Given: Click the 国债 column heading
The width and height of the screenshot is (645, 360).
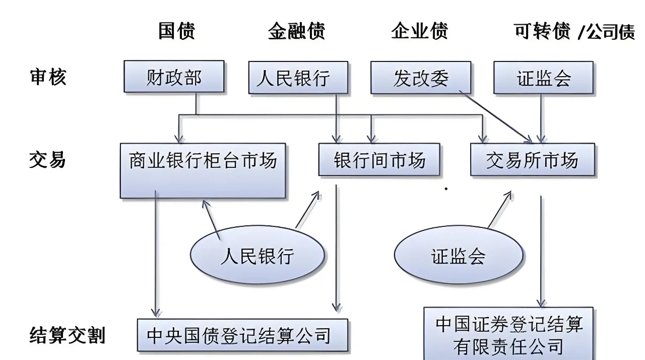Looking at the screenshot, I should (x=176, y=31).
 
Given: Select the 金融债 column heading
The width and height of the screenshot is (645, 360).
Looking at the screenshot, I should (x=297, y=31).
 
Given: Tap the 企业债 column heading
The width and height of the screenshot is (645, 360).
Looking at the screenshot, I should (x=419, y=31).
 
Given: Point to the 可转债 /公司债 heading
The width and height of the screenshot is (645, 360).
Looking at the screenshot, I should (x=574, y=31).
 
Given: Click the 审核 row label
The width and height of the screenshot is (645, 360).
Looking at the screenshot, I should (x=48, y=77).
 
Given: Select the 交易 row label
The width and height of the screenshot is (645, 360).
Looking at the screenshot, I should (x=48, y=160).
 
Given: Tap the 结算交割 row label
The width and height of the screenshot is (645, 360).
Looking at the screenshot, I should (x=68, y=335).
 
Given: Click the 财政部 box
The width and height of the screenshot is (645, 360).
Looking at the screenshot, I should (x=174, y=77).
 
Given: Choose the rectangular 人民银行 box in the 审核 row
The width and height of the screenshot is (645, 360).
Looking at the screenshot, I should (x=298, y=78).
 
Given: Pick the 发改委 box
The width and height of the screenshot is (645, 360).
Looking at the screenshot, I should (x=421, y=78).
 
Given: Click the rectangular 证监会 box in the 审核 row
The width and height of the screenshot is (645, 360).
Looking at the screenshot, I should (x=543, y=78).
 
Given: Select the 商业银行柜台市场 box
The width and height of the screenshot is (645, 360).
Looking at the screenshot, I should (x=203, y=170).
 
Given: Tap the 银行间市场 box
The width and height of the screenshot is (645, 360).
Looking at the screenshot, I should (x=379, y=160).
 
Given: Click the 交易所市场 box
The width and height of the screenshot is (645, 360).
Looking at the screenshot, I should (x=532, y=160).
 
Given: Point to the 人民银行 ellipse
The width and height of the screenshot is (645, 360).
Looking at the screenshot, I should (x=257, y=256).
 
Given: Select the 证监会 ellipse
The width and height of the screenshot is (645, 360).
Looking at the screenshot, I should (x=458, y=256).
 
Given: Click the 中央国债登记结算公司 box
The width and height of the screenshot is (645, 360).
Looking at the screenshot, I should (x=242, y=335).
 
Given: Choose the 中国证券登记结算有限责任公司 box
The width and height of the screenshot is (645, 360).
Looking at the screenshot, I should (x=508, y=333).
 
